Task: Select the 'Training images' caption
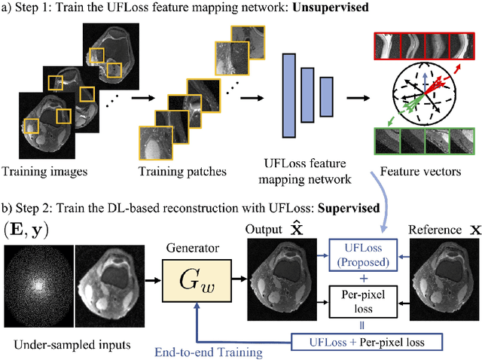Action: (x=45, y=171)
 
